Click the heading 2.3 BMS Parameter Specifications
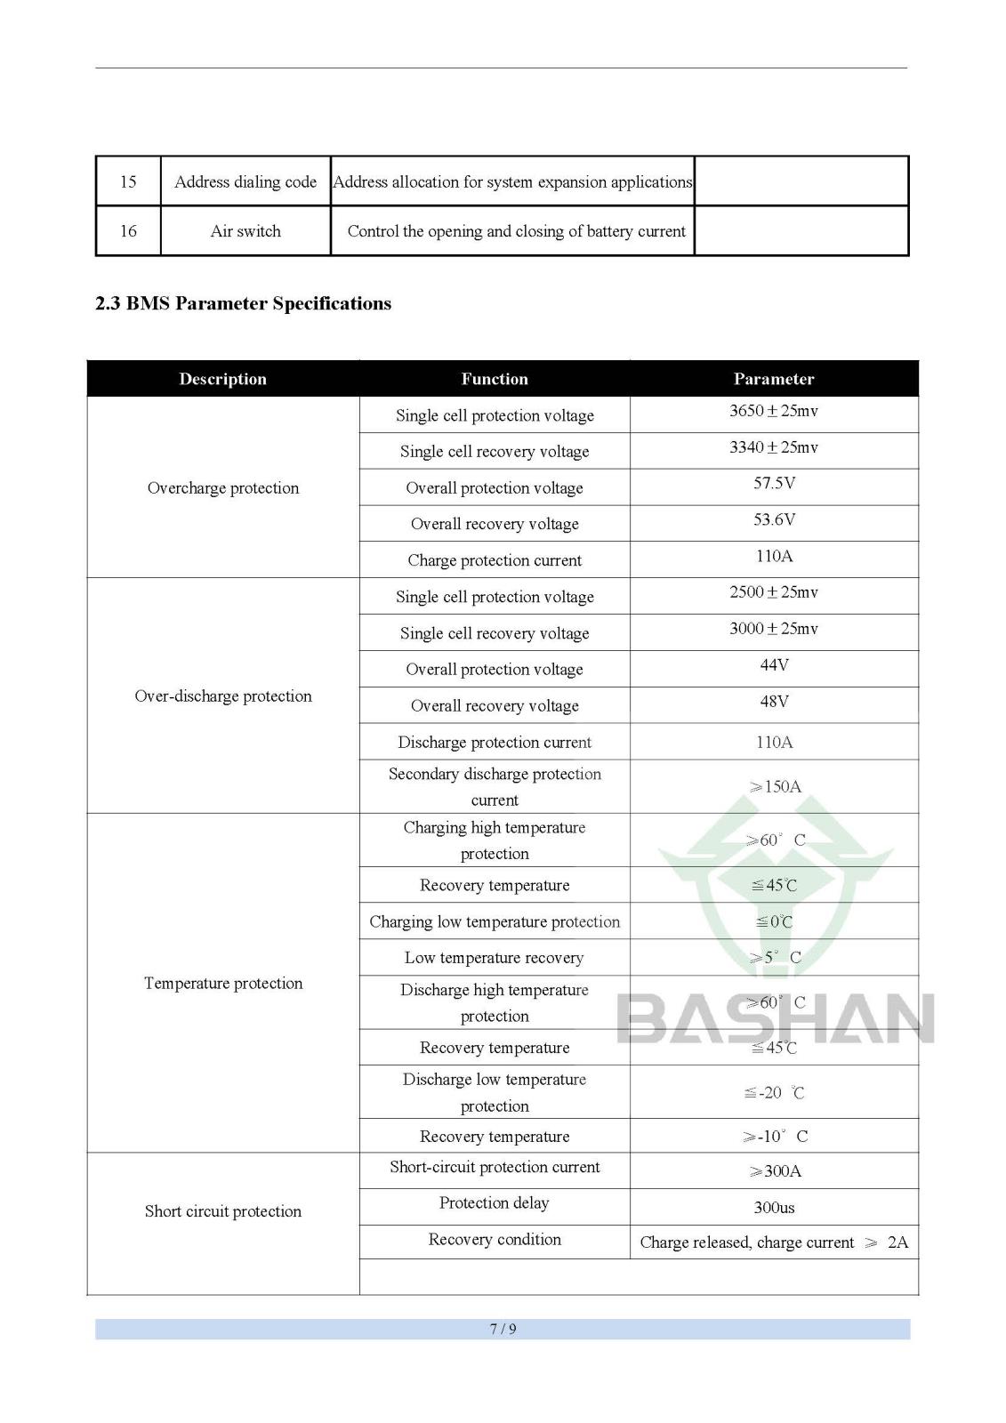point(243,303)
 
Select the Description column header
point(222,379)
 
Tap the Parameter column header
point(773,379)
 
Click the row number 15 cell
point(128,181)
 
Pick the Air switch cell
point(245,231)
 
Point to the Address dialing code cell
point(245,181)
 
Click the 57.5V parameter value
point(774,484)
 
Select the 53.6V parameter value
point(774,520)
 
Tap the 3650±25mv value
point(773,411)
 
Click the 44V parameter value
point(774,665)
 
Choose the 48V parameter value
point(774,702)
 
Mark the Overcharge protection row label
point(222,487)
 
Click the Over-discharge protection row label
point(222,695)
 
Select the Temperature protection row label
point(222,983)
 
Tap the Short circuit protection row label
point(222,1210)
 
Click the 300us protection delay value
point(774,1208)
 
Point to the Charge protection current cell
point(495,560)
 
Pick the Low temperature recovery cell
point(494,958)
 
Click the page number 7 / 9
point(503,1329)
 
